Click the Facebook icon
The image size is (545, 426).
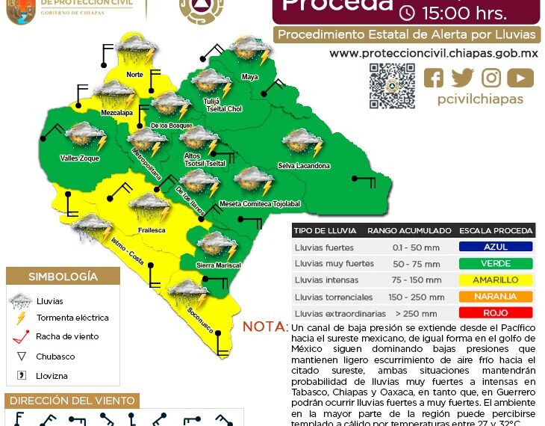[434, 78]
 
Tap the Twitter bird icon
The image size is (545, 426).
[462, 78]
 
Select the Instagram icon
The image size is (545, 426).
[491, 78]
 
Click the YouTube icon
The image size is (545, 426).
[520, 78]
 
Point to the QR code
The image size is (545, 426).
[392, 86]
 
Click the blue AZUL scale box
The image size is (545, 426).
[496, 247]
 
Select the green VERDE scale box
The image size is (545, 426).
[496, 263]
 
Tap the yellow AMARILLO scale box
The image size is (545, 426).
[496, 280]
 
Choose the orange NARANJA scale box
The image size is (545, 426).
[496, 297]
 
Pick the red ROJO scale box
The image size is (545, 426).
[496, 313]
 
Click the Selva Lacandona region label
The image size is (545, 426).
[304, 165]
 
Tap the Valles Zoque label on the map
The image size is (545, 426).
[80, 158]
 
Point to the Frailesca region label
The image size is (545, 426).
[151, 230]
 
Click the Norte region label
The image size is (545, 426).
[134, 75]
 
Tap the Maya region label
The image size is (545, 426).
[249, 77]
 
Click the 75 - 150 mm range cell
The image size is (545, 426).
[409, 280]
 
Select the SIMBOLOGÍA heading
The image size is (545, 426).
[63, 277]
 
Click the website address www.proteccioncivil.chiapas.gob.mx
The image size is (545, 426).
[434, 54]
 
